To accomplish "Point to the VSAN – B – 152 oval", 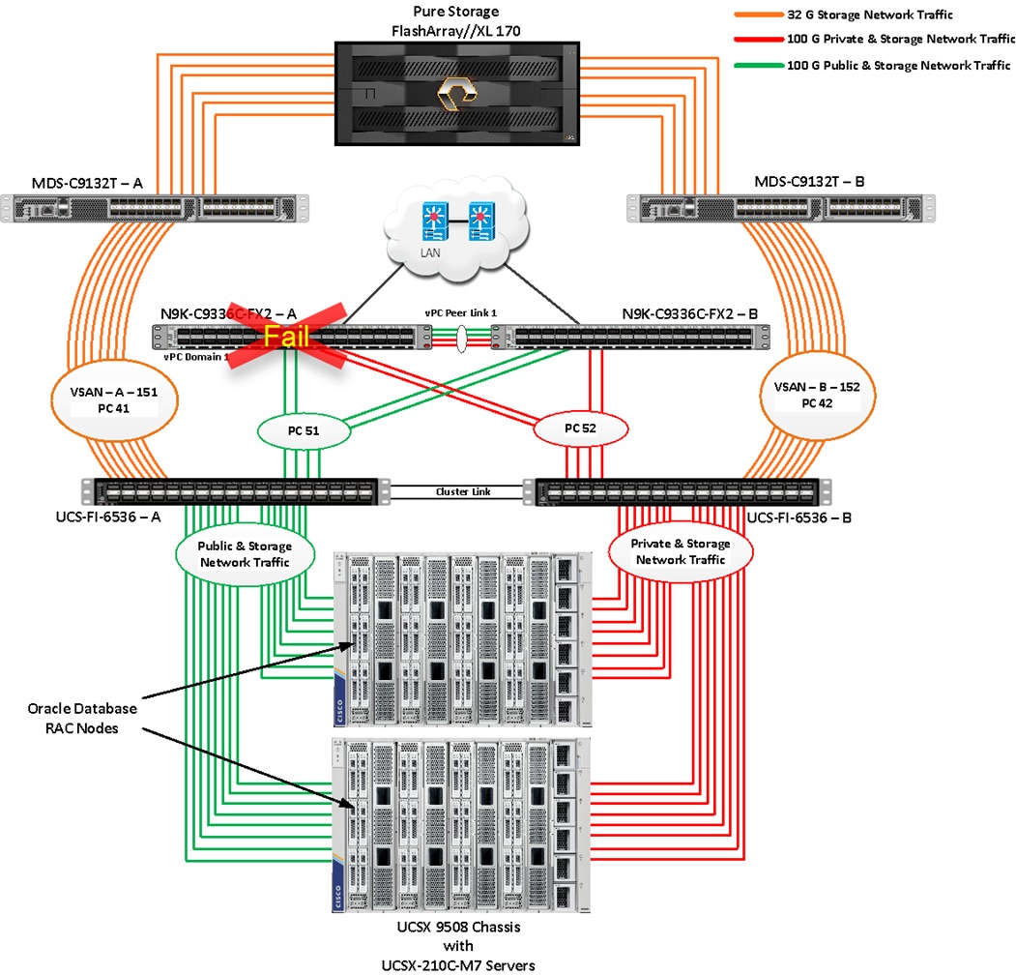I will coord(825,394).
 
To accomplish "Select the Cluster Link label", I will coord(463,491).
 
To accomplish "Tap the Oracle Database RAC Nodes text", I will coord(81,717).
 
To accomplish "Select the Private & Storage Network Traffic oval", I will coord(682,551).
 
